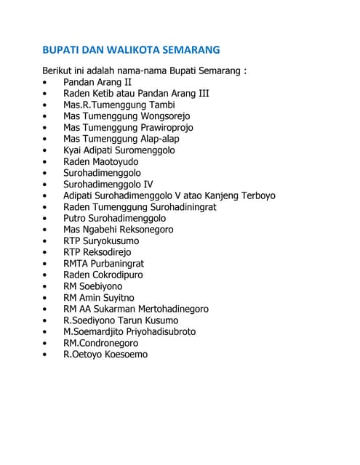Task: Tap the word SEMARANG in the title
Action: (x=192, y=51)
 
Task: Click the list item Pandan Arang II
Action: (x=97, y=82)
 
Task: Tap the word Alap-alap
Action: (x=156, y=139)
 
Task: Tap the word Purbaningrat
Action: (x=122, y=264)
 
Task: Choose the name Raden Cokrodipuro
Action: (x=103, y=275)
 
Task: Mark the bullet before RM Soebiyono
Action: (x=47, y=287)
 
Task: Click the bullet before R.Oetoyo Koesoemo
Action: (x=47, y=355)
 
